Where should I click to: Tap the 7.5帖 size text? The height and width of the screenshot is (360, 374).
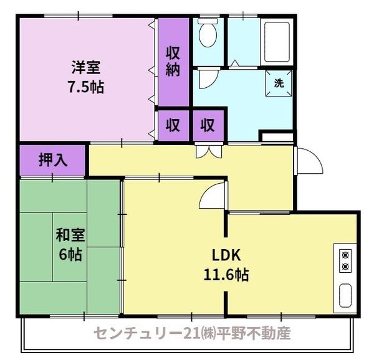coord(86,86)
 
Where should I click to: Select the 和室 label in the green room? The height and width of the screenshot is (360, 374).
coord(70,236)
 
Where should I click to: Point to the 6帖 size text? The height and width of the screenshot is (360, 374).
coord(70,255)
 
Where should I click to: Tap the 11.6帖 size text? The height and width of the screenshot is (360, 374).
coord(226,274)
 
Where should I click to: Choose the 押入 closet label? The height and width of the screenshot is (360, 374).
coord(53,160)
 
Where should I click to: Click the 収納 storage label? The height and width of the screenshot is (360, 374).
coord(173,60)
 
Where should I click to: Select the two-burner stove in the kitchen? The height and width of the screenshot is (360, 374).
coord(345,260)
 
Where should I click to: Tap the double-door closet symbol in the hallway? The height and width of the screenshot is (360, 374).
coord(208,151)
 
